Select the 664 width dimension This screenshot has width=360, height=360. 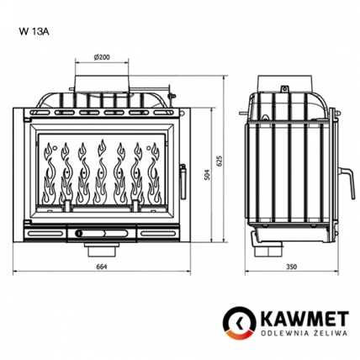(103, 267)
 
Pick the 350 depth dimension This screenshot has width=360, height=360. (291, 267)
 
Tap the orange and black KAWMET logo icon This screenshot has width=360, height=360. (241, 322)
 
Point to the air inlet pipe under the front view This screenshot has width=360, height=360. (102, 248)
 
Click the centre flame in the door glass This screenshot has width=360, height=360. (103, 172)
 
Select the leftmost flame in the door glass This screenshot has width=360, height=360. (48, 172)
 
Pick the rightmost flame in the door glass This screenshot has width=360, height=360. (156, 172)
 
